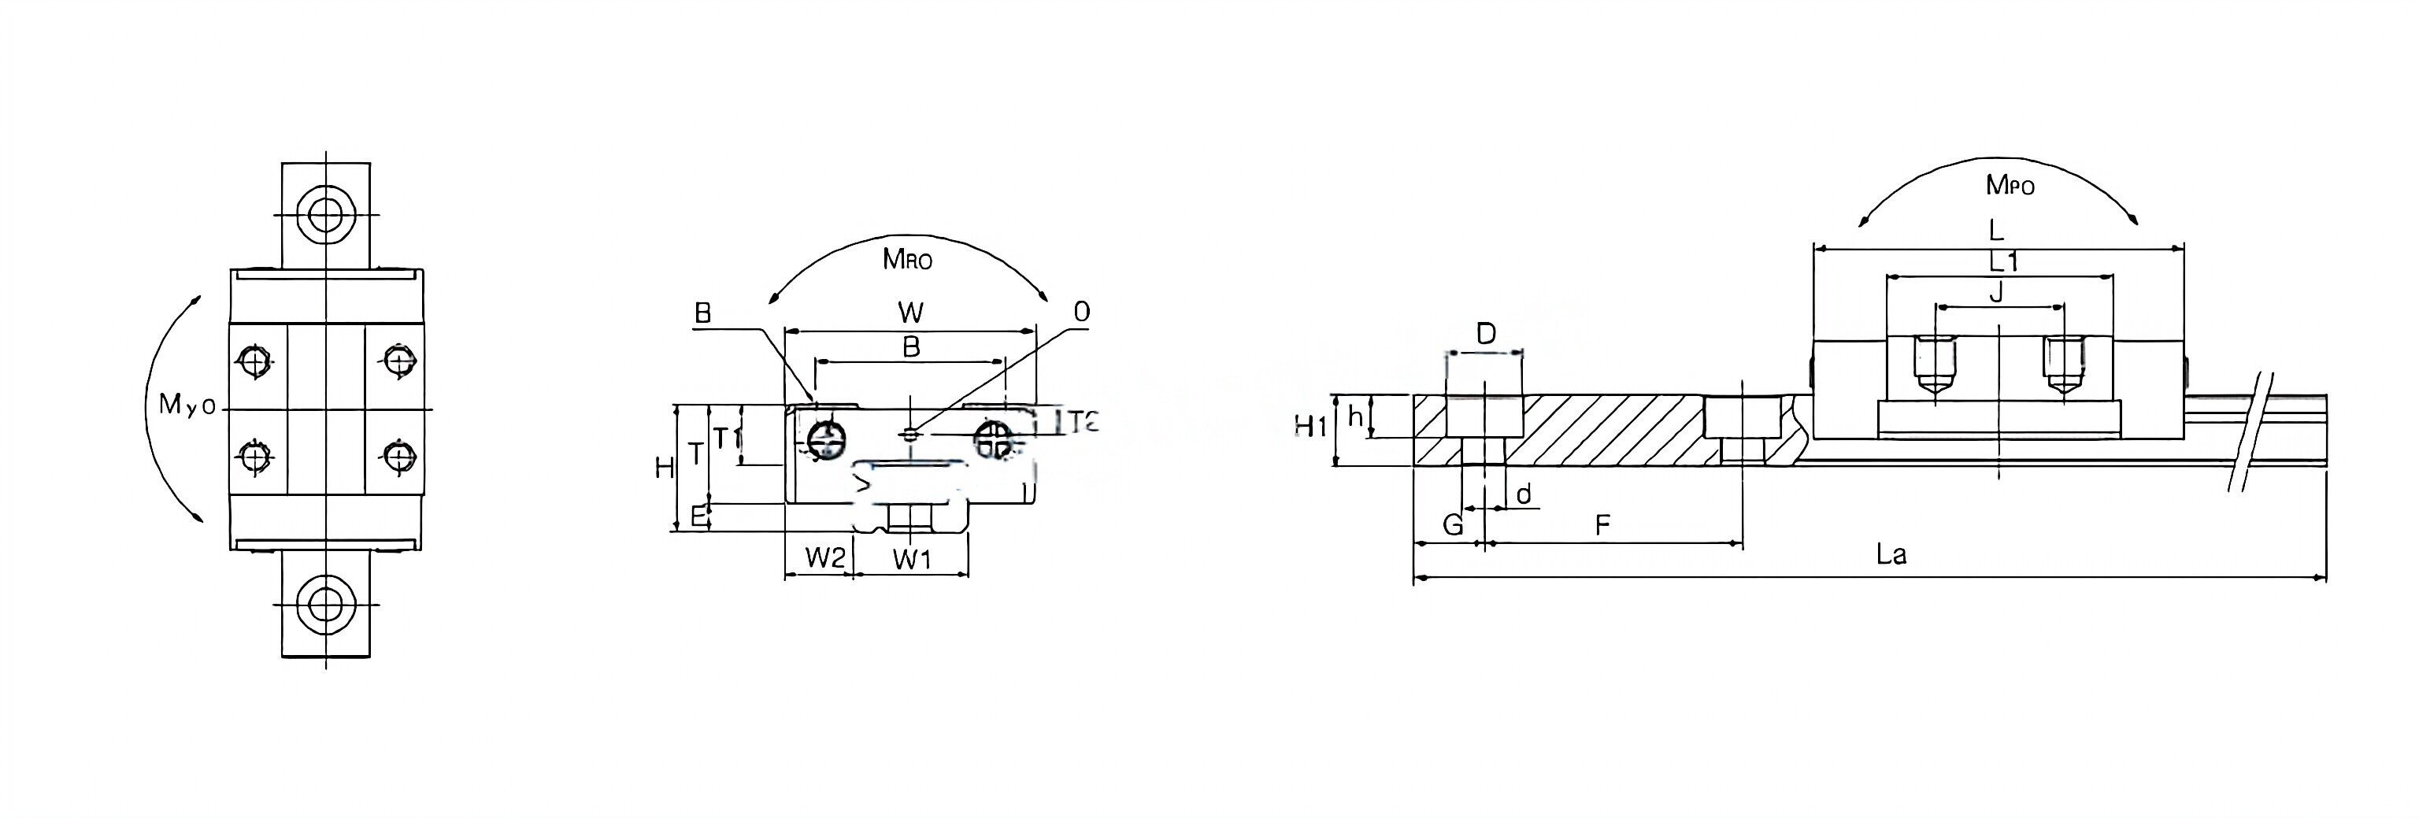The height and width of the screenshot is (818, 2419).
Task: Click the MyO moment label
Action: pos(187,405)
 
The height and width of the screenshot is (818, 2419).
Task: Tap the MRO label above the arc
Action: pos(907,259)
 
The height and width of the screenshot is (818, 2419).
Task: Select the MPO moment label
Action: pos(2010,185)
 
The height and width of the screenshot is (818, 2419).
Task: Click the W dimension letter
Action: pos(910,312)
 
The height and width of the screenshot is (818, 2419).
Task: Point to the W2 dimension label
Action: pos(824,559)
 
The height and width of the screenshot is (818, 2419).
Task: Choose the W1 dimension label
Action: pos(911,560)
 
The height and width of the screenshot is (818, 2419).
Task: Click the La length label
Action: pos(1891,554)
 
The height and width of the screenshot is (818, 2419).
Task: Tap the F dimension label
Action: pos(1603,524)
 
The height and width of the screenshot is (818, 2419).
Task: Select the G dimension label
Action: pos(1452,524)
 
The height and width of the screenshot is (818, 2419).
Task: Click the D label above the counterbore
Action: pos(1486,333)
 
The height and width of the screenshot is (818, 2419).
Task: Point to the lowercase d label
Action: pos(1524,494)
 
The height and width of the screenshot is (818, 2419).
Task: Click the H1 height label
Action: pos(1311,427)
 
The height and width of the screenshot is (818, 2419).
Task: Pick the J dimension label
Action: pos(1996,293)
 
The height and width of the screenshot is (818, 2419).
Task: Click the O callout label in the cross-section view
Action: pos(1082,312)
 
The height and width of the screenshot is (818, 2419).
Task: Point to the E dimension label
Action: pos(698,516)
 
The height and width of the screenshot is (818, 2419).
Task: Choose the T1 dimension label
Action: pos(728,438)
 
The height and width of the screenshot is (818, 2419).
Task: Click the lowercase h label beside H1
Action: pos(1355,416)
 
